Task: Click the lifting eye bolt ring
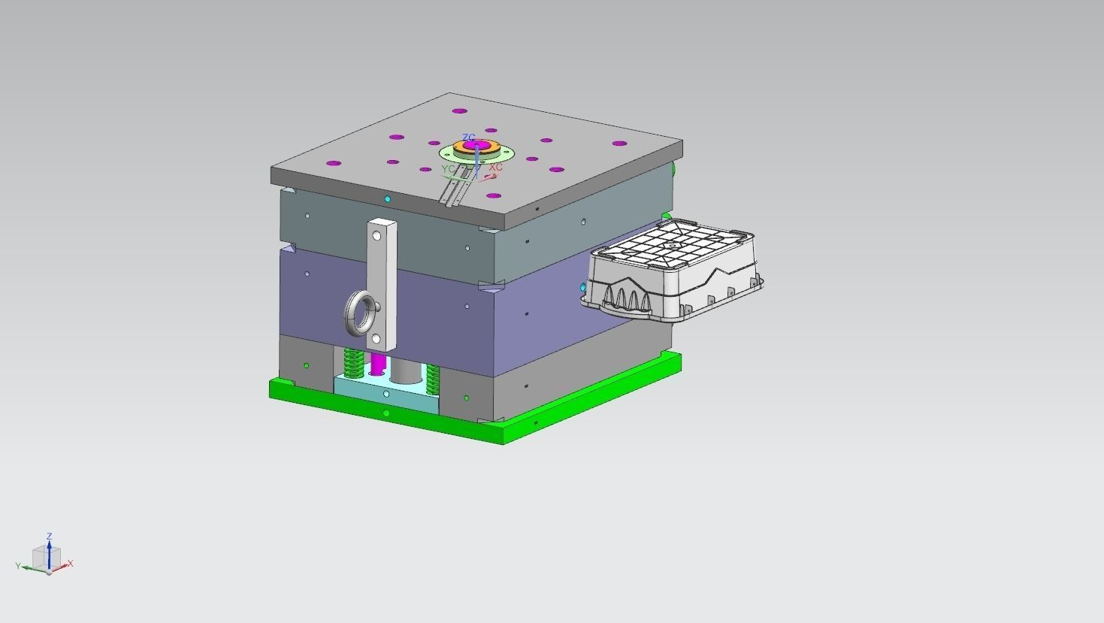pos(360,315)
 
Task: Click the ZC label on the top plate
pos(468,138)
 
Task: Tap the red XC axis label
pos(496,168)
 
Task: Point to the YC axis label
pos(448,169)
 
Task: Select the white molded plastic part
pos(673,271)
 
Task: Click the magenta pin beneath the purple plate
pos(377,365)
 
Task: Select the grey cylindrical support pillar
pos(406,370)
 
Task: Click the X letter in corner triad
pos(71,563)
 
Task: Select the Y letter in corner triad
pos(18,566)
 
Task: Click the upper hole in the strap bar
pos(377,236)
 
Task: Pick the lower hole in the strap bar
pos(377,340)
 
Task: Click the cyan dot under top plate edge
pos(387,199)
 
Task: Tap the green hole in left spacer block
pos(306,366)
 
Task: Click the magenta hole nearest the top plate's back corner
pos(458,111)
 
